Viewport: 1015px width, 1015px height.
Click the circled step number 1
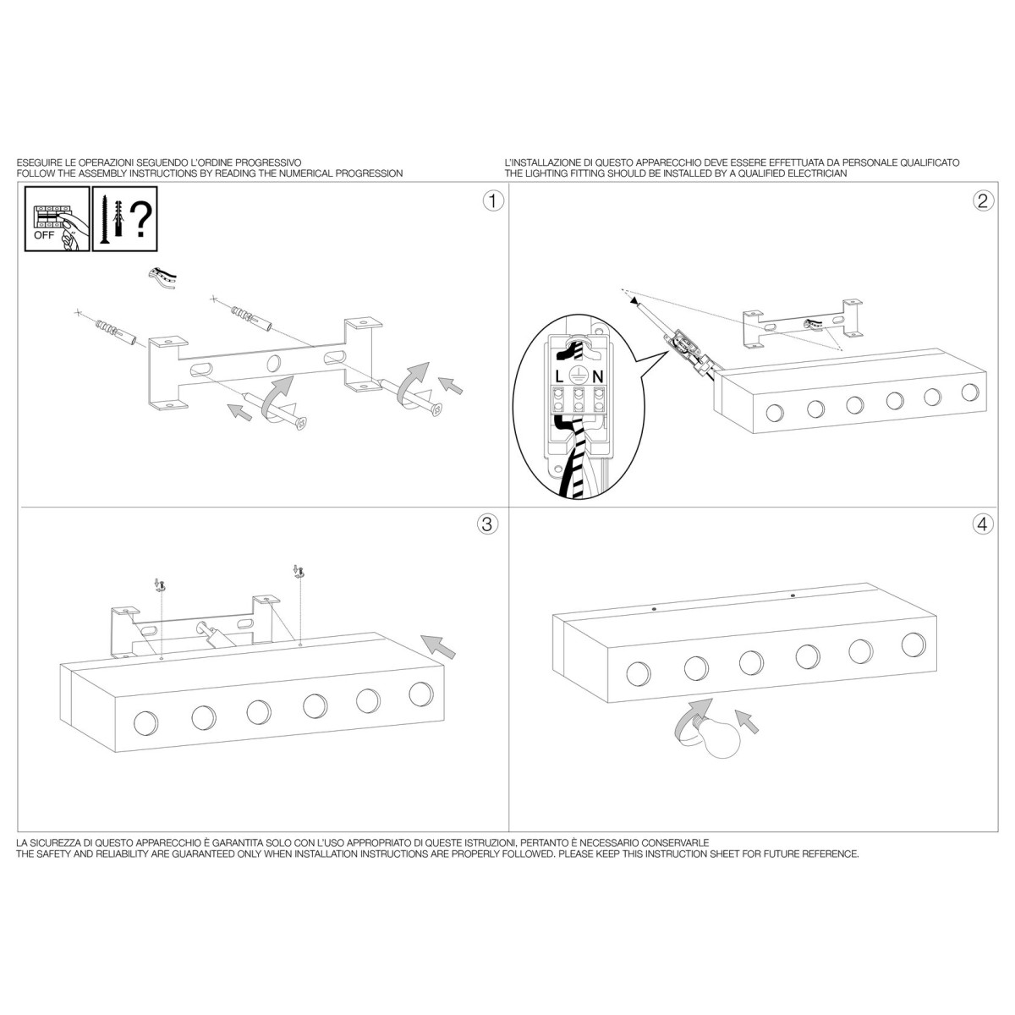point(493,200)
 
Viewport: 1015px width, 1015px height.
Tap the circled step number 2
point(983,200)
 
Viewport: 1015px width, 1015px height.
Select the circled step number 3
point(487,524)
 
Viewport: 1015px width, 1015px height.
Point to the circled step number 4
point(983,524)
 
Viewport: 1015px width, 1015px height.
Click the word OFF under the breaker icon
point(44,235)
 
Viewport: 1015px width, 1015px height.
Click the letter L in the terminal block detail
point(559,376)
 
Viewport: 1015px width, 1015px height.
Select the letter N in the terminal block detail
point(597,376)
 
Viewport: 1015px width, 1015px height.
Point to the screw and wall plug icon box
point(125,218)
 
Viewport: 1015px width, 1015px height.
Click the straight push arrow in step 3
point(438,646)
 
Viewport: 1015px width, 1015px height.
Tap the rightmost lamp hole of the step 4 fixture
point(913,645)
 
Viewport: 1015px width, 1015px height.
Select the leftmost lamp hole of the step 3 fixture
point(145,722)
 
